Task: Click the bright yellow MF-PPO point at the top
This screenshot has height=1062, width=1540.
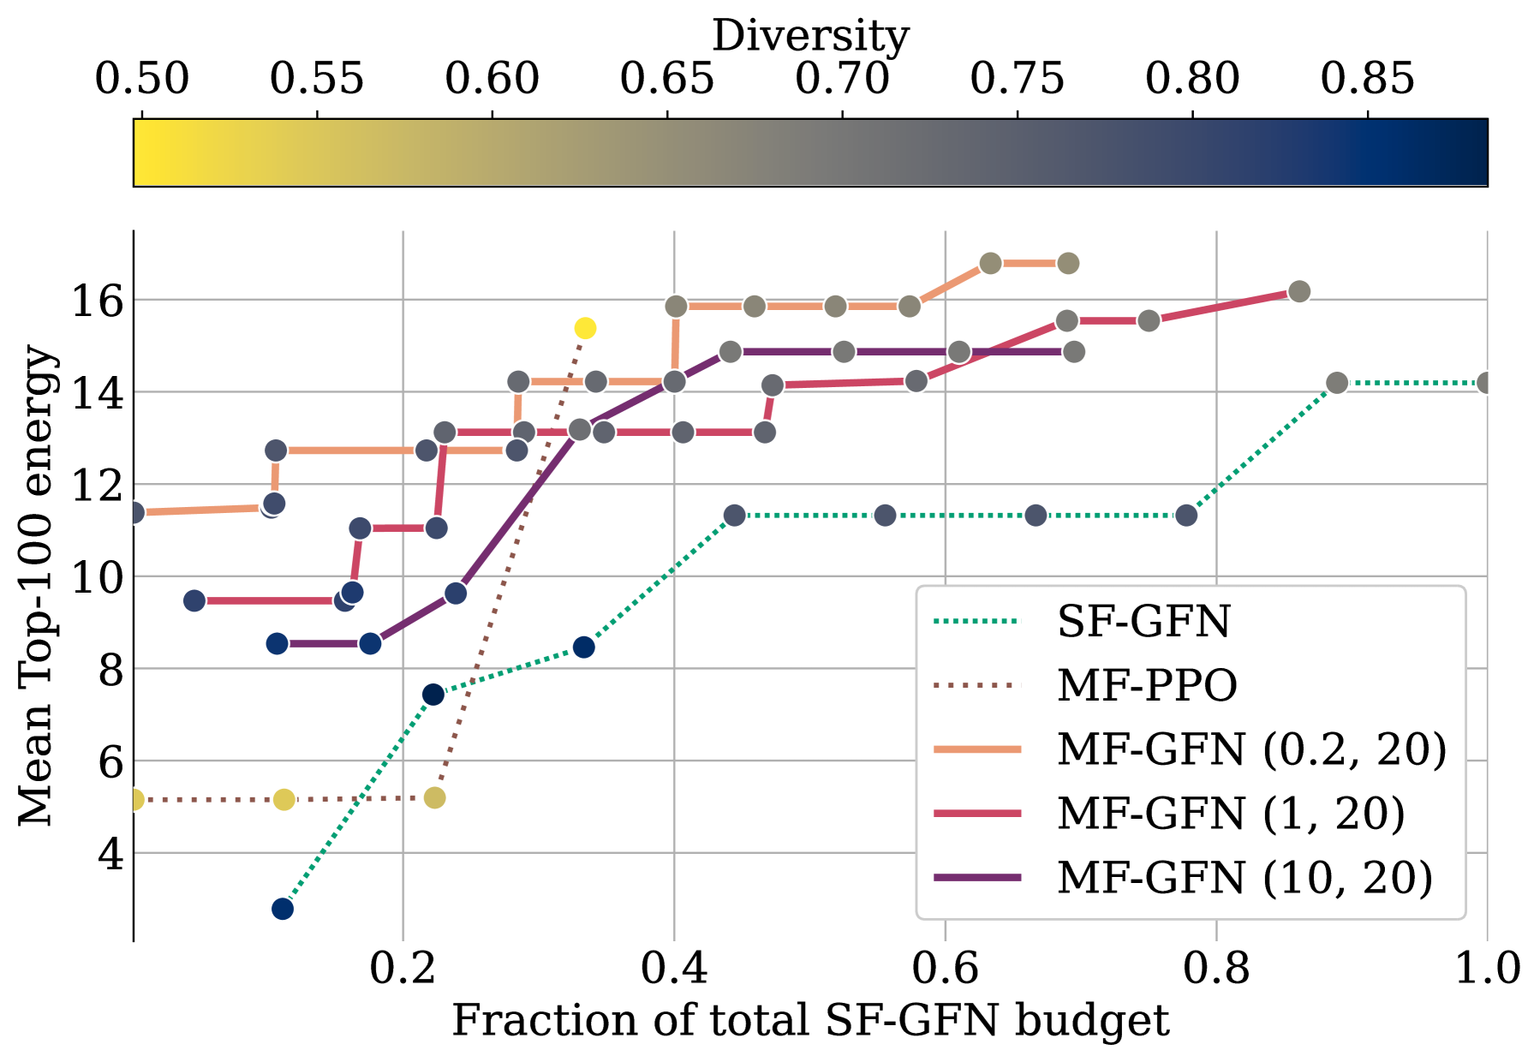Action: pyautogui.click(x=585, y=328)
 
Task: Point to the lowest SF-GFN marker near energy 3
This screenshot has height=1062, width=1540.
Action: pyautogui.click(x=283, y=909)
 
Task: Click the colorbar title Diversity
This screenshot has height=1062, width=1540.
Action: pyautogui.click(x=810, y=36)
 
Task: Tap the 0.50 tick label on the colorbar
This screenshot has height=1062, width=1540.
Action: pyautogui.click(x=141, y=79)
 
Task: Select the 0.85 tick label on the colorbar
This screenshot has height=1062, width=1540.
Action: pyautogui.click(x=1367, y=79)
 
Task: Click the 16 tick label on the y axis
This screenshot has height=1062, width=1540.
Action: pyautogui.click(x=96, y=301)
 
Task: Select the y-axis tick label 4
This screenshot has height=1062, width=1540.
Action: pyautogui.click(x=110, y=854)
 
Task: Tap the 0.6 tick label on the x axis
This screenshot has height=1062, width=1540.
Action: pyautogui.click(x=945, y=969)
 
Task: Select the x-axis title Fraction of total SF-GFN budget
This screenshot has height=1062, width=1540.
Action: pyautogui.click(x=810, y=1021)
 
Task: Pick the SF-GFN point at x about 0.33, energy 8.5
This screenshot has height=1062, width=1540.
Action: pyautogui.click(x=584, y=647)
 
